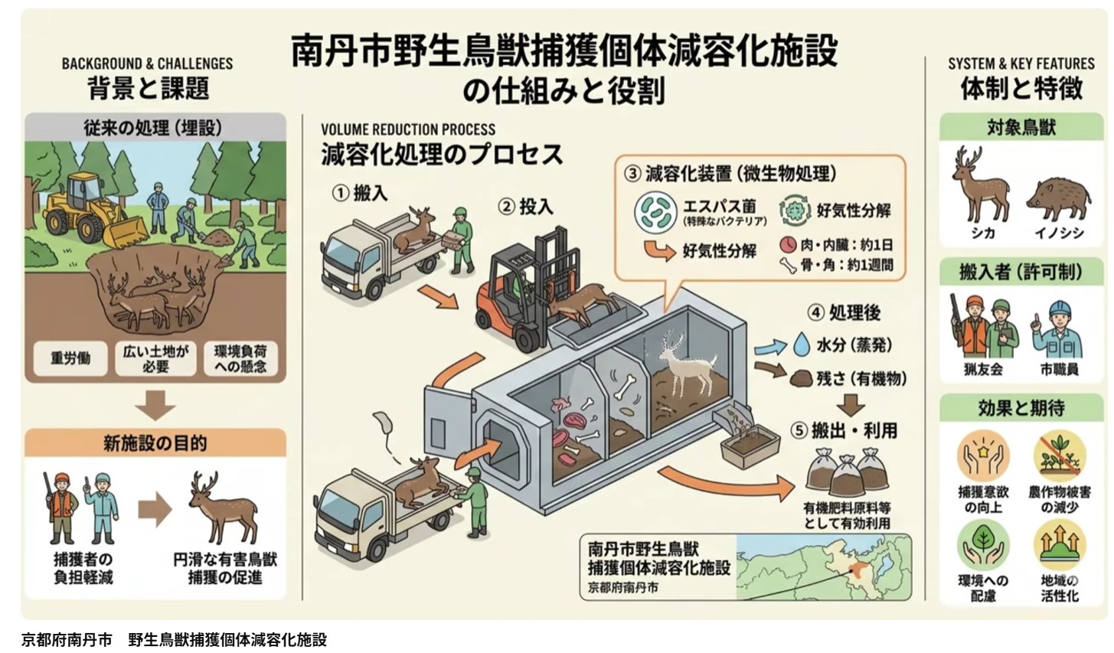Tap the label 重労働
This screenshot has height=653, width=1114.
(70, 358)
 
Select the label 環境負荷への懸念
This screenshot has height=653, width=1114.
(240, 358)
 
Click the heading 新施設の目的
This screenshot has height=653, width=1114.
(155, 443)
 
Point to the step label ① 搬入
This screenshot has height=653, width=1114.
(360, 193)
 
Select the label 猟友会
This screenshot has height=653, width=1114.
(983, 368)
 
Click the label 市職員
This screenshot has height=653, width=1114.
(1059, 368)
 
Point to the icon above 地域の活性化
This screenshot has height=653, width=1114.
(1060, 543)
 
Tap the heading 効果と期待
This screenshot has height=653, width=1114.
(1021, 408)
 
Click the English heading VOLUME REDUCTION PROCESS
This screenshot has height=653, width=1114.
(408, 129)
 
